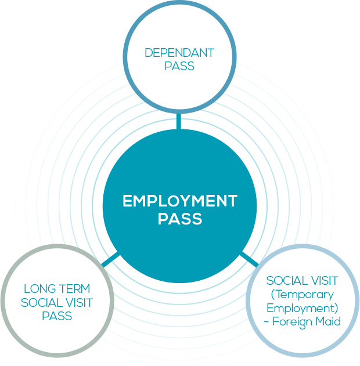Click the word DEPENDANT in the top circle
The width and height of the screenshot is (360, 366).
[179, 53]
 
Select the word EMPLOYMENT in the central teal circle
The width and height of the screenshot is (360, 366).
[180, 201]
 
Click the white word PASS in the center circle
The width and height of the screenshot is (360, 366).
[180, 219]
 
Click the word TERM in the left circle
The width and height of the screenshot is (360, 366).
[74, 289]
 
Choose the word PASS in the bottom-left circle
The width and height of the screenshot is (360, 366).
[57, 316]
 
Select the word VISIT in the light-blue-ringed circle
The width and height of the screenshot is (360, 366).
[323, 281]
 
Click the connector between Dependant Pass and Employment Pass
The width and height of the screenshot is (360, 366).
[179, 121]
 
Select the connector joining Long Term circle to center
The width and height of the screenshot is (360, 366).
[111, 259]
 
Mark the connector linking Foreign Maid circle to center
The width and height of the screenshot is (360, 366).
[249, 259]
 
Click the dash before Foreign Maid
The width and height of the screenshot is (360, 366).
[275, 321]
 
